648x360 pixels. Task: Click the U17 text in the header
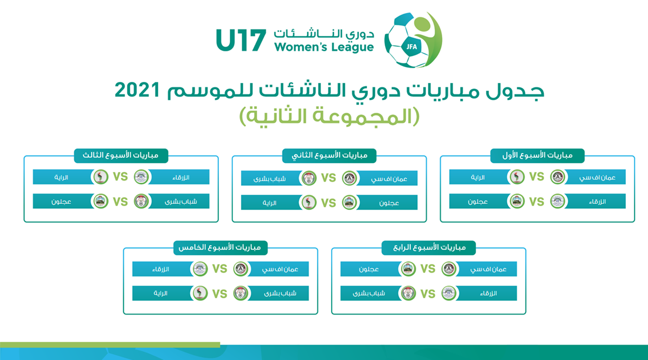[x=241, y=41]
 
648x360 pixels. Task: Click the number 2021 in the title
[x=137, y=89]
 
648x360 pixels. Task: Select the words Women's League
[x=324, y=47]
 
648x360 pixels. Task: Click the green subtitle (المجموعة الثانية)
[x=329, y=116]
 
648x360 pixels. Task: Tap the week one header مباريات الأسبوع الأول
[x=537, y=156]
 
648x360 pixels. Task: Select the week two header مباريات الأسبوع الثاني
[x=329, y=156]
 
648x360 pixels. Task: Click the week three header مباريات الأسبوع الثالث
[x=121, y=156]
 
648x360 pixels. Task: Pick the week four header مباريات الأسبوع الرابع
[x=429, y=248]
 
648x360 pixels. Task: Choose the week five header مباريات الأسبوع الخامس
[x=220, y=248]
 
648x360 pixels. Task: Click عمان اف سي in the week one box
[x=597, y=178]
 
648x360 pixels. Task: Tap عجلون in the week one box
[x=478, y=202]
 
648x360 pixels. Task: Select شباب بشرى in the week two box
[x=269, y=179]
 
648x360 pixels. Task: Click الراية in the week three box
[x=61, y=178]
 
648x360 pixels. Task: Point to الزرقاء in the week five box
[x=161, y=269]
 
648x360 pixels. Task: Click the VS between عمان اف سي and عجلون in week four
[x=427, y=269]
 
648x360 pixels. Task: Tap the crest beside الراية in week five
[x=200, y=293]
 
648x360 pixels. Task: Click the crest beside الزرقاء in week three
[x=141, y=177]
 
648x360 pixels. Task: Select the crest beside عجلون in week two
[x=349, y=203]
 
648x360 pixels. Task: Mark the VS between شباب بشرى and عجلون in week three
[x=120, y=202]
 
